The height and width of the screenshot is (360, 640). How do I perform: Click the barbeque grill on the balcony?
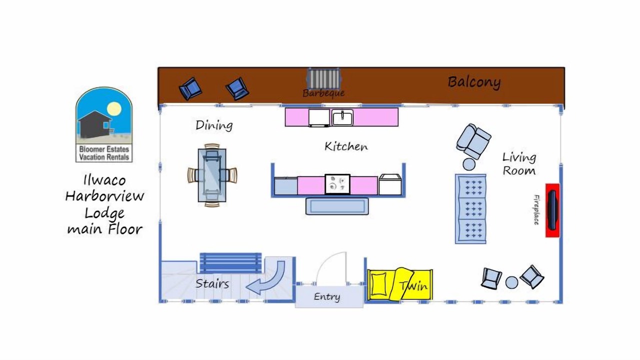pyautogui.click(x=323, y=78)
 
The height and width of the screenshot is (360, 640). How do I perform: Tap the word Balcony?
pyautogui.click(x=474, y=82)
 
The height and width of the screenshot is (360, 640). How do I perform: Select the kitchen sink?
pyautogui.click(x=342, y=117)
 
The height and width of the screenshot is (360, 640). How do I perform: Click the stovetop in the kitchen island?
pyautogui.click(x=337, y=184)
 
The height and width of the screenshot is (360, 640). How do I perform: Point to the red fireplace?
pyautogui.click(x=552, y=210)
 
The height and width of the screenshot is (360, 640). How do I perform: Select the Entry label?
pyautogui.click(x=327, y=297)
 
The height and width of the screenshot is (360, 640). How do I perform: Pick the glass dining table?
pyautogui.click(x=212, y=175)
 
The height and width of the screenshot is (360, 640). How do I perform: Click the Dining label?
pyautogui.click(x=214, y=125)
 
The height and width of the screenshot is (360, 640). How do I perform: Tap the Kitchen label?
pyautogui.click(x=346, y=146)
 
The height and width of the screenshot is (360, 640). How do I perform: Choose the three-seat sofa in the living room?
pyautogui.click(x=470, y=209)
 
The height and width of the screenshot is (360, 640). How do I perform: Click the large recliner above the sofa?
pyautogui.click(x=473, y=141)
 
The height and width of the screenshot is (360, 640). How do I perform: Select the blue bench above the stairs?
pyautogui.click(x=230, y=262)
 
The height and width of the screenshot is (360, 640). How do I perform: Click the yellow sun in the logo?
pyautogui.click(x=114, y=109)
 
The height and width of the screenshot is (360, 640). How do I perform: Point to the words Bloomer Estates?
pyautogui.click(x=104, y=149)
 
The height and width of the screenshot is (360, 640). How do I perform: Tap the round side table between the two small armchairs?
pyautogui.click(x=511, y=282)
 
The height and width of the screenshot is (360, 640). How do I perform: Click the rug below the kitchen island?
pyautogui.click(x=337, y=206)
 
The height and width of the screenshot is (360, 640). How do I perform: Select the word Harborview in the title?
pyautogui.click(x=104, y=196)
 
